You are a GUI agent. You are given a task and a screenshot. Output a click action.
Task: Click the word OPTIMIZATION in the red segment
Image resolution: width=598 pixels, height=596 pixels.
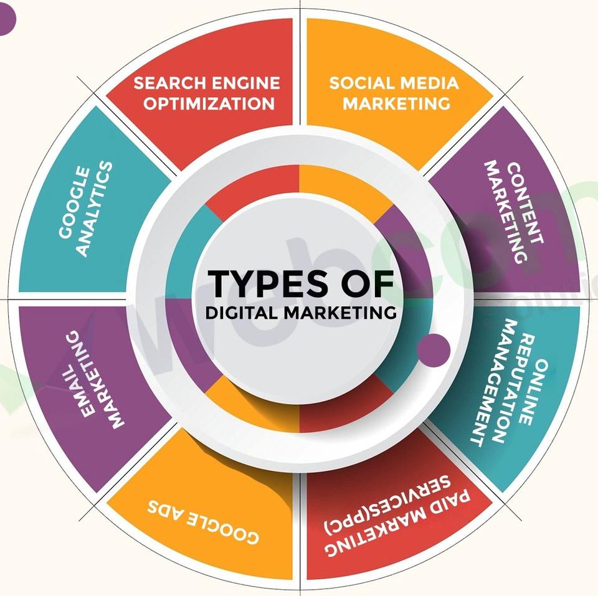209,102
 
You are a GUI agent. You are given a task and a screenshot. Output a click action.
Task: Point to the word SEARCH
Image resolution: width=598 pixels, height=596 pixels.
171,83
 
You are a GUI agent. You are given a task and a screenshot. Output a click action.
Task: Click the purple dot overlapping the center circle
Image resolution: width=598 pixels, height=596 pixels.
433,348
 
